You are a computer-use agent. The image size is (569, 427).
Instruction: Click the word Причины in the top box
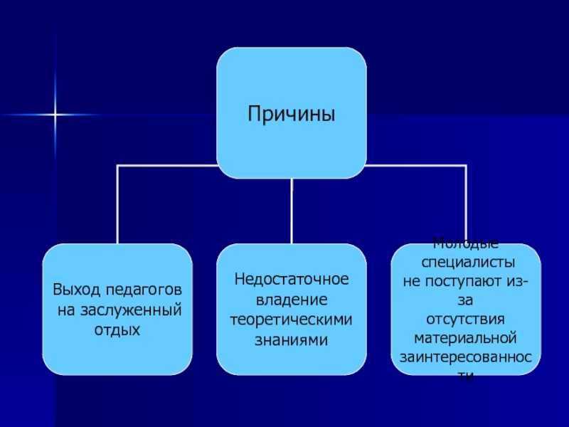click(292, 114)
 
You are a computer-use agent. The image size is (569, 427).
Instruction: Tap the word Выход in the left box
click(76, 290)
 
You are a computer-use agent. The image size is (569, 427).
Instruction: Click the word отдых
click(117, 330)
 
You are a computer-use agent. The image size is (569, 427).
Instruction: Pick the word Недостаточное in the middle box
click(292, 279)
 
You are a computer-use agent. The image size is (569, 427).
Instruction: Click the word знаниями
click(292, 339)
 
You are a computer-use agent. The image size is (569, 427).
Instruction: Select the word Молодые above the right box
click(466, 243)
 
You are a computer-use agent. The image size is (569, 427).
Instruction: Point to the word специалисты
click(466, 261)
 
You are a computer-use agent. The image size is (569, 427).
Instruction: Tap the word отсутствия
click(466, 317)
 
